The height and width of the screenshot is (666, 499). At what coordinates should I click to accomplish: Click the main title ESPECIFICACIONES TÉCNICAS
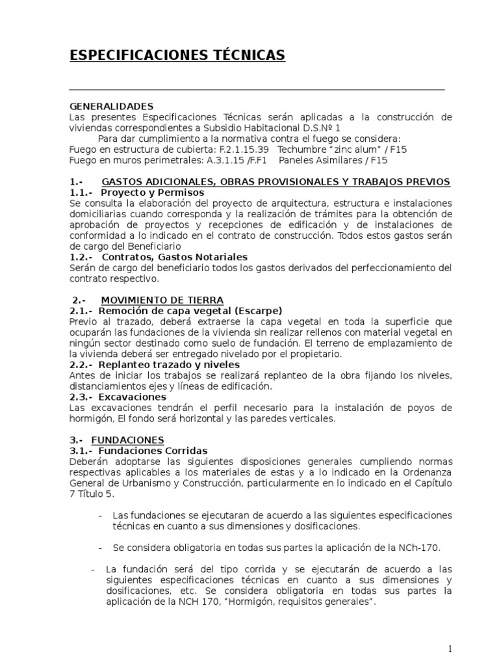[177, 57]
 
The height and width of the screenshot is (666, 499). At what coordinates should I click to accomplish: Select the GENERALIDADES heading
[111, 106]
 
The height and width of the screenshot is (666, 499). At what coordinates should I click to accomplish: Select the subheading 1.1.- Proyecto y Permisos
[136, 193]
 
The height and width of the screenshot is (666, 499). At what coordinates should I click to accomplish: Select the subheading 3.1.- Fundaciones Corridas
[138, 450]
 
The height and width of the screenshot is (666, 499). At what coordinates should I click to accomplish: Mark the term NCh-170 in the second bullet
[416, 547]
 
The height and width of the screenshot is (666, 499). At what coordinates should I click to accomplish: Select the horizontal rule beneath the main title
[257, 89]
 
